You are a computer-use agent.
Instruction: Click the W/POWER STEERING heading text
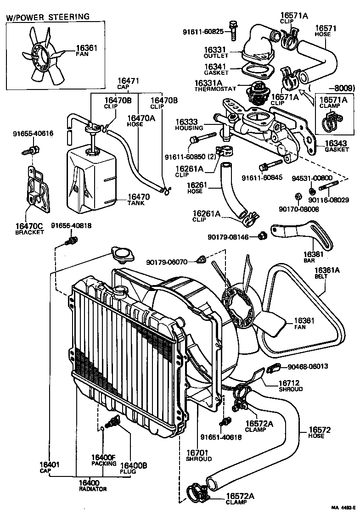click(x=48, y=17)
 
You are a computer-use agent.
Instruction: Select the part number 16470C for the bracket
click(x=28, y=226)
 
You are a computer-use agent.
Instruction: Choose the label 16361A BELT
click(x=327, y=273)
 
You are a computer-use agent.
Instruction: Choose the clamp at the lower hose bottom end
click(x=197, y=492)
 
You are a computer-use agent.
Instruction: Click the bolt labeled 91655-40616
click(x=32, y=149)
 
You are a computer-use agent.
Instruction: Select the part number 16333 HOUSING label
click(x=188, y=125)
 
